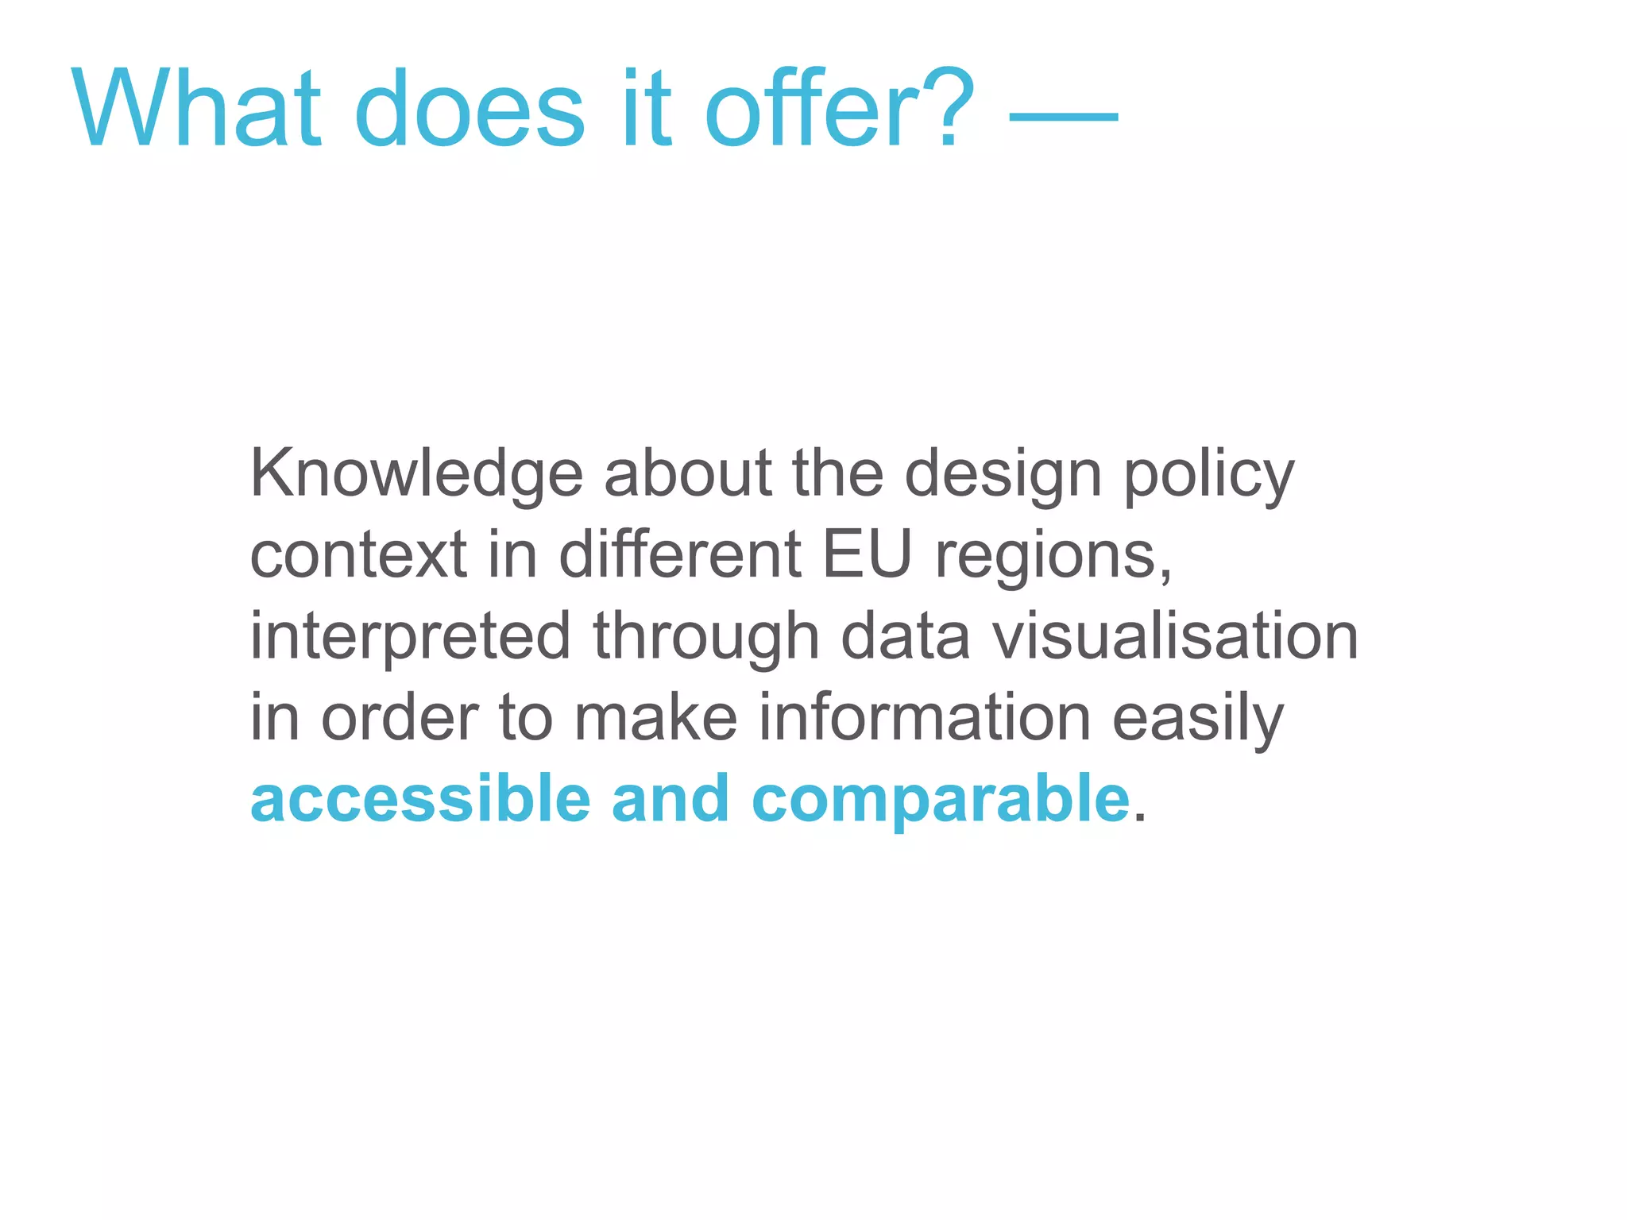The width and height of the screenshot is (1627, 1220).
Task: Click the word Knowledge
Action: coord(417,474)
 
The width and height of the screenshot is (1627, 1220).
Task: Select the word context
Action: coord(358,555)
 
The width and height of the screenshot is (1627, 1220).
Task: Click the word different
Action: coord(680,555)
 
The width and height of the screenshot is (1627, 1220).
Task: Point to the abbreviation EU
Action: coord(867,555)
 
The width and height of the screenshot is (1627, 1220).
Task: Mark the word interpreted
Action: coord(410,637)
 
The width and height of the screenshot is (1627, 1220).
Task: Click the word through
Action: coord(706,637)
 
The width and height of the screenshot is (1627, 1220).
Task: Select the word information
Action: coord(925,718)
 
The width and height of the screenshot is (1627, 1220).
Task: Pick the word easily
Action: coord(1197,718)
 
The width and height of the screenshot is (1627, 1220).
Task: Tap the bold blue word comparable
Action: coord(941,799)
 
